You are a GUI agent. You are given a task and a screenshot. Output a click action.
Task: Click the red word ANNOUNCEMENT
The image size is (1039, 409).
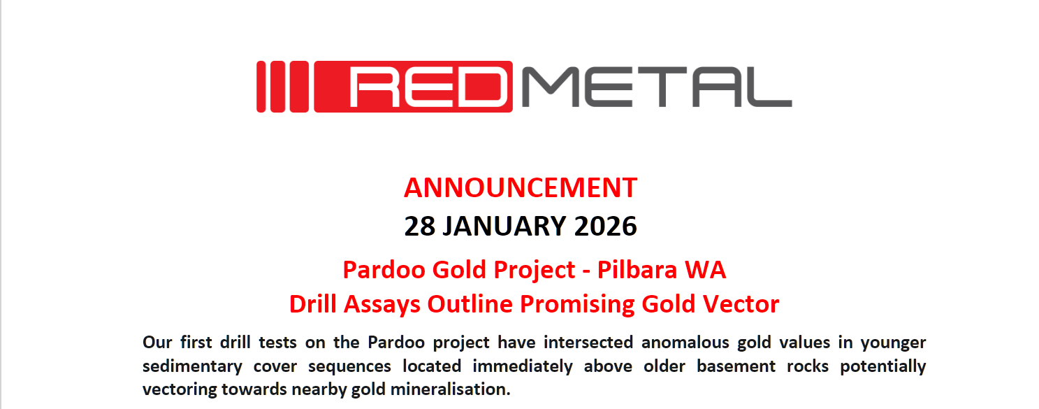521,188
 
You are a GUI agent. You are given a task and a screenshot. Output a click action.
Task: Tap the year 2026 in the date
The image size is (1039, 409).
605,226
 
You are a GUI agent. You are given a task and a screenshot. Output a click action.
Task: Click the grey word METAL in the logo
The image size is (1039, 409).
656,87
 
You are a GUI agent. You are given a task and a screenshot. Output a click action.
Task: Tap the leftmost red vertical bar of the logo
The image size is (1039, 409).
261,87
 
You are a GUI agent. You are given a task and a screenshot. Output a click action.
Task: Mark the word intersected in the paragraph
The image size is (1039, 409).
588,342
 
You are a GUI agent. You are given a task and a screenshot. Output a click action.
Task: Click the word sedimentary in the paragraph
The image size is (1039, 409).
192,366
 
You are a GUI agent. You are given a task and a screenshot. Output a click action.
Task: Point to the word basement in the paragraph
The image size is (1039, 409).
736,366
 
